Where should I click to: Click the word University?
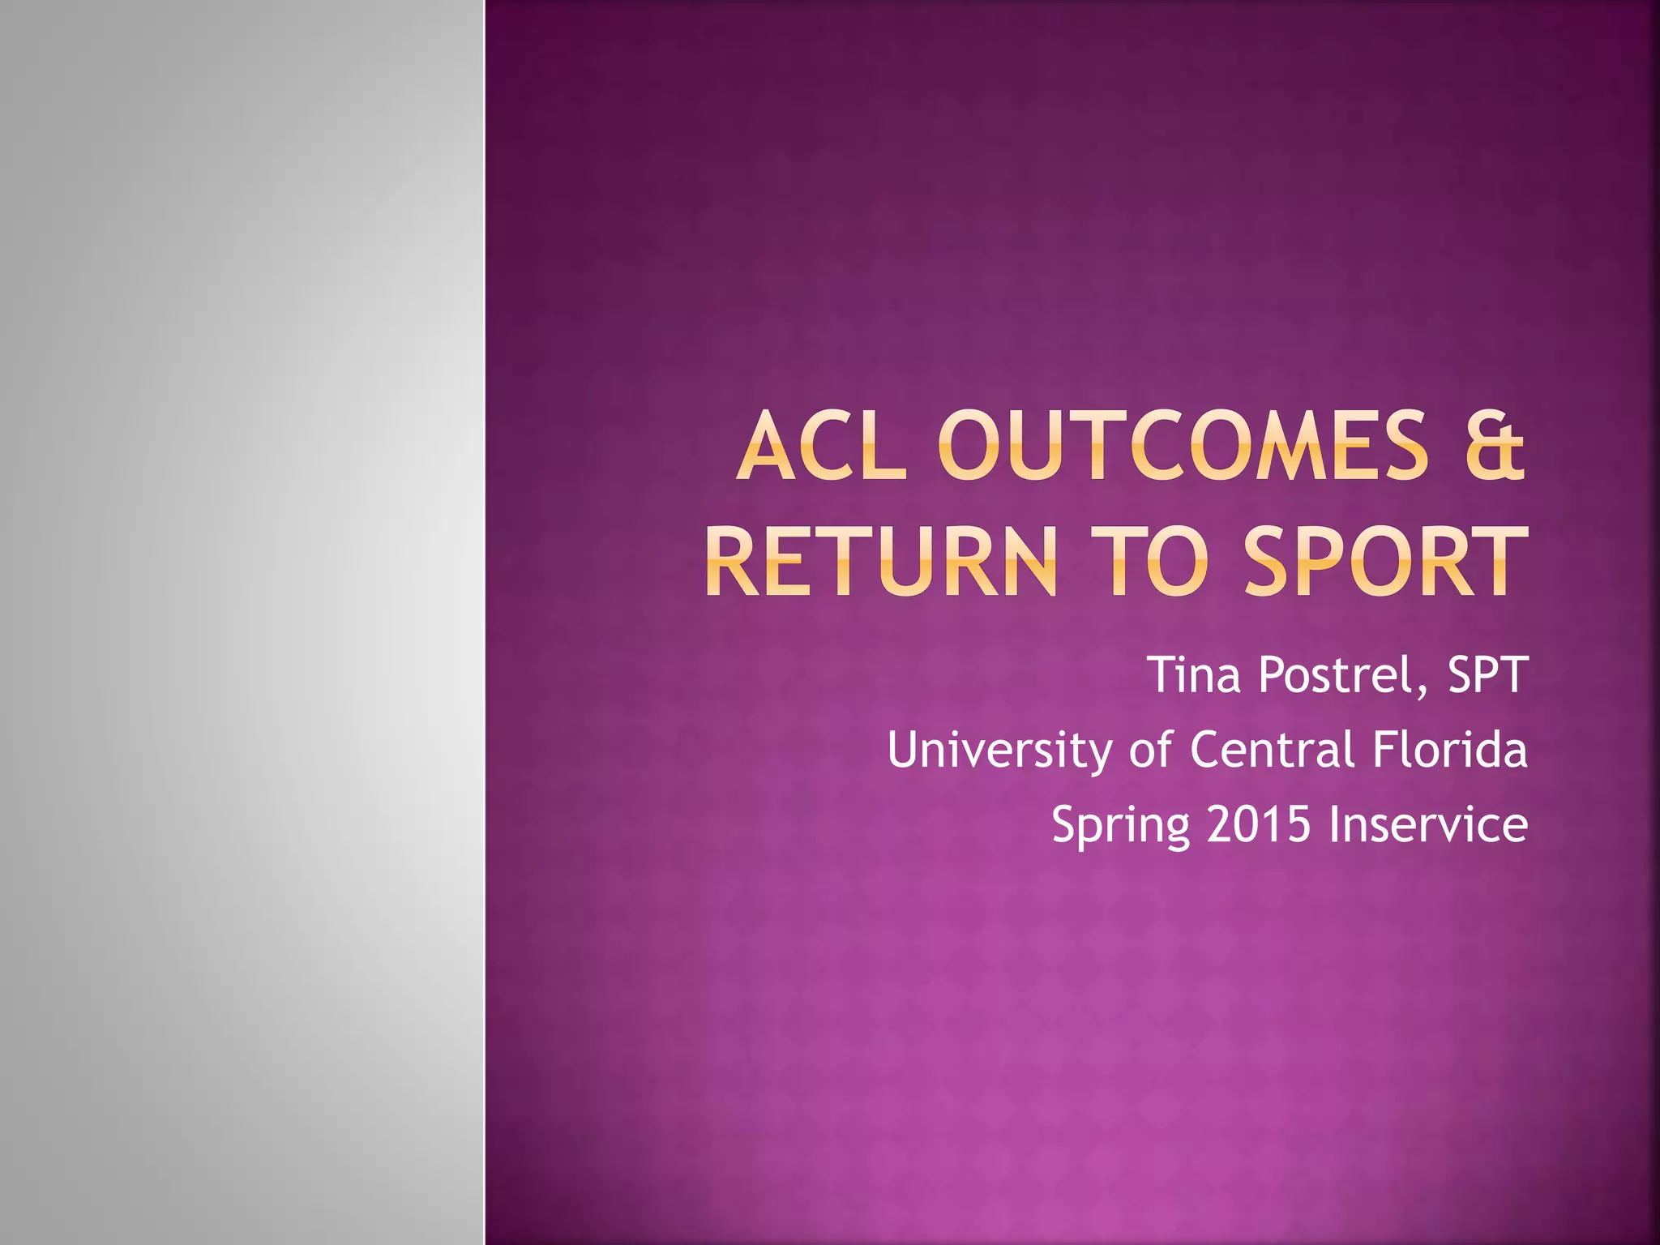(999, 750)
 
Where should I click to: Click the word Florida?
(1449, 750)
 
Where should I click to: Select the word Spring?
(1120, 826)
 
